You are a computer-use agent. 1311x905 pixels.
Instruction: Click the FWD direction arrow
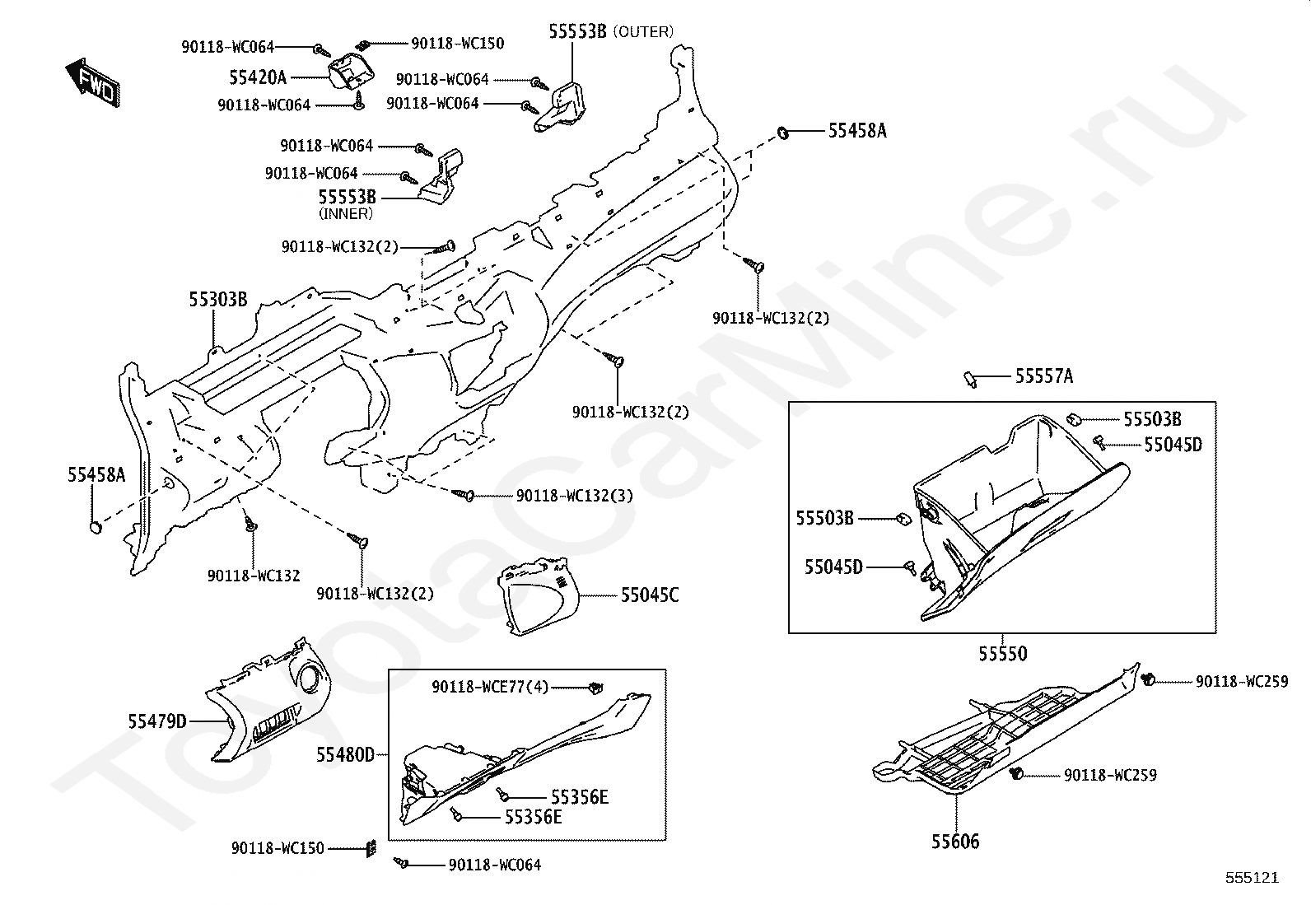click(x=93, y=82)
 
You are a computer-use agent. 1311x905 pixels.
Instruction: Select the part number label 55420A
click(x=258, y=77)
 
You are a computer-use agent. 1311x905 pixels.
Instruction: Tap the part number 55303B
click(x=217, y=299)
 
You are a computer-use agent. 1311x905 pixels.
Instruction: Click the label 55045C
click(x=650, y=595)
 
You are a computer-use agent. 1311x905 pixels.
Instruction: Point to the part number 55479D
click(x=156, y=721)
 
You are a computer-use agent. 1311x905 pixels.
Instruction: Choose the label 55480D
click(x=345, y=754)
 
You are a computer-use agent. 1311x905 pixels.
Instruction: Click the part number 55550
click(x=1002, y=653)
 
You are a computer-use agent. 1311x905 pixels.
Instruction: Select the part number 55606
click(x=955, y=842)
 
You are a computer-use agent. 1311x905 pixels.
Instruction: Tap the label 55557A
click(x=1044, y=376)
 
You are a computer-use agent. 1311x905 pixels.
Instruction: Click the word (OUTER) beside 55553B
click(x=643, y=31)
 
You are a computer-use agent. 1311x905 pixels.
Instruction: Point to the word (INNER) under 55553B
click(x=345, y=213)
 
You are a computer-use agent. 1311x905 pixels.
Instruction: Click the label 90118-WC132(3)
click(x=574, y=495)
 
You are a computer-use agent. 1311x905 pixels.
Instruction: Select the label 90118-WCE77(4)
click(x=490, y=686)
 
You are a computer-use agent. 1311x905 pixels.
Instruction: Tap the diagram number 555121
click(x=1252, y=877)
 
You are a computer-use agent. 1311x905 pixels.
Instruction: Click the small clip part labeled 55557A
click(x=970, y=380)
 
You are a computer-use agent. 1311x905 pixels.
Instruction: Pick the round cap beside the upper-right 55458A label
click(x=782, y=133)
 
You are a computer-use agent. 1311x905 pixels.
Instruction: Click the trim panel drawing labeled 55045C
click(x=537, y=596)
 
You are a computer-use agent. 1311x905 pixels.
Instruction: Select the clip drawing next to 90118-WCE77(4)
click(x=595, y=687)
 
